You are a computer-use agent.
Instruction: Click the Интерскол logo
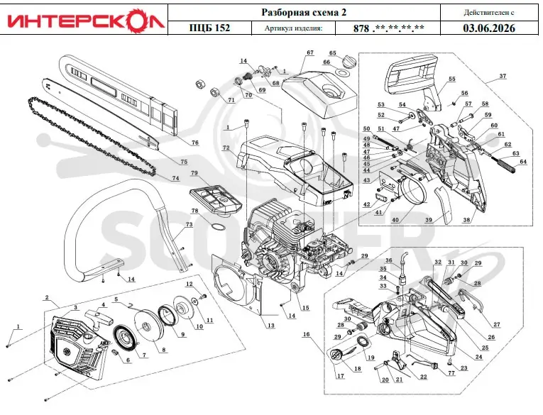click(x=85, y=20)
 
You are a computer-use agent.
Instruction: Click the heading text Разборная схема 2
click(x=304, y=13)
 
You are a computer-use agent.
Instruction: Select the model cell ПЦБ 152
click(x=209, y=28)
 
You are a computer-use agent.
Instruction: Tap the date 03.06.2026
click(x=489, y=28)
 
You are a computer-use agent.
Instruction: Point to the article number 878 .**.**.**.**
click(x=388, y=28)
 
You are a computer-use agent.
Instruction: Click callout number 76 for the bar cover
click(x=195, y=143)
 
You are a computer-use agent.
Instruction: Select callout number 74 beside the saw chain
click(x=175, y=178)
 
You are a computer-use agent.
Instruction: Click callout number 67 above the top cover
click(x=310, y=52)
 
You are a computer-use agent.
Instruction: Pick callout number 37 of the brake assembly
click(x=502, y=76)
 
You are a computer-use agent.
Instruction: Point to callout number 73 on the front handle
click(x=189, y=225)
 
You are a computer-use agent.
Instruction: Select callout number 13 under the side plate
click(x=271, y=326)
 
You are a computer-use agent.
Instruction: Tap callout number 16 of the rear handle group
click(x=306, y=335)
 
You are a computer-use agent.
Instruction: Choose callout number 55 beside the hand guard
click(x=452, y=79)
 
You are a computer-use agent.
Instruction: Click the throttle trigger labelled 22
click(x=397, y=359)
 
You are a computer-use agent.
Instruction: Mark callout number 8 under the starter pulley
click(x=163, y=350)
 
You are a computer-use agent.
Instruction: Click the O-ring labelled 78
click(x=218, y=228)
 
